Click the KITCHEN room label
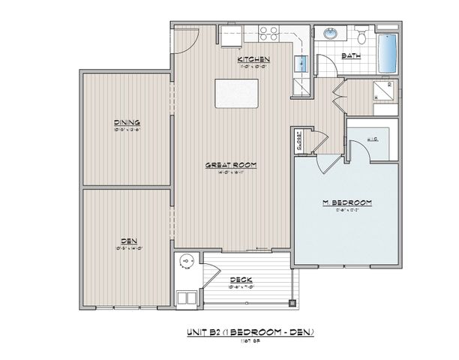point(253,59)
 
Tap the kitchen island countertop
point(236,94)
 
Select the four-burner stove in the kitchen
point(269,32)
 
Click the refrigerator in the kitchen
point(299,87)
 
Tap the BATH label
point(349,55)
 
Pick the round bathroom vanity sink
point(331,34)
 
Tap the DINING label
point(127,122)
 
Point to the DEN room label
point(127,241)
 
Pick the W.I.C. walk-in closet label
point(373,139)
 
